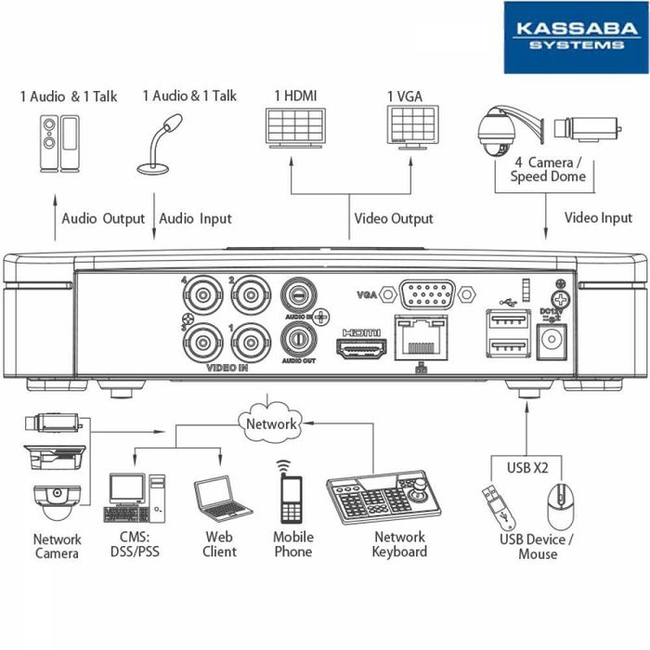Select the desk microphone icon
coord(158,144)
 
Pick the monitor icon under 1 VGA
coord(412,125)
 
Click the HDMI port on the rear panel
coord(361,351)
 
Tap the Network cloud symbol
coord(271,423)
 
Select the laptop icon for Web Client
coord(221,499)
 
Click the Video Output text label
coord(393,219)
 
